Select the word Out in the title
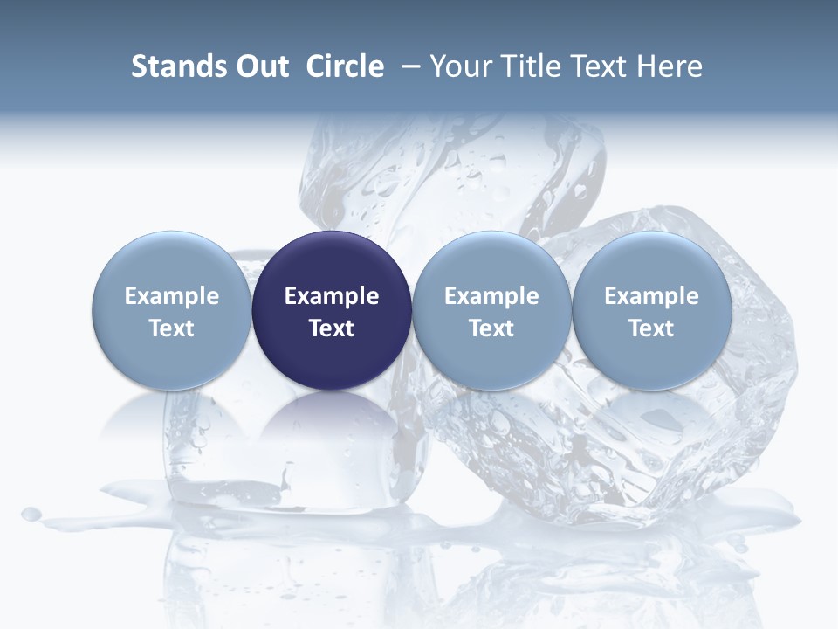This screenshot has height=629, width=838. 260,66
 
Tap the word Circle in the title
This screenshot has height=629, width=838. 345,66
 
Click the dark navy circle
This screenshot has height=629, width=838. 332,262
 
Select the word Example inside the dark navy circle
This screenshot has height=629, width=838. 332,296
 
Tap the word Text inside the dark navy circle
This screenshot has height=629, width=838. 332,328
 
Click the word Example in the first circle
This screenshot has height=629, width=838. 172,296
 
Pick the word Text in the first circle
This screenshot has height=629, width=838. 172,328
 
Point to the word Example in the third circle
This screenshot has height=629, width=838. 491,296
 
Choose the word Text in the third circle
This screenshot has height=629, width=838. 491,328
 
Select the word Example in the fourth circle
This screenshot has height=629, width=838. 652,296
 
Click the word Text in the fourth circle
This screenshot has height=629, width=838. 652,328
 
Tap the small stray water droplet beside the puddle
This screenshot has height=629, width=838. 31,514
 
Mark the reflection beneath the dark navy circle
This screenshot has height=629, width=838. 332,428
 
